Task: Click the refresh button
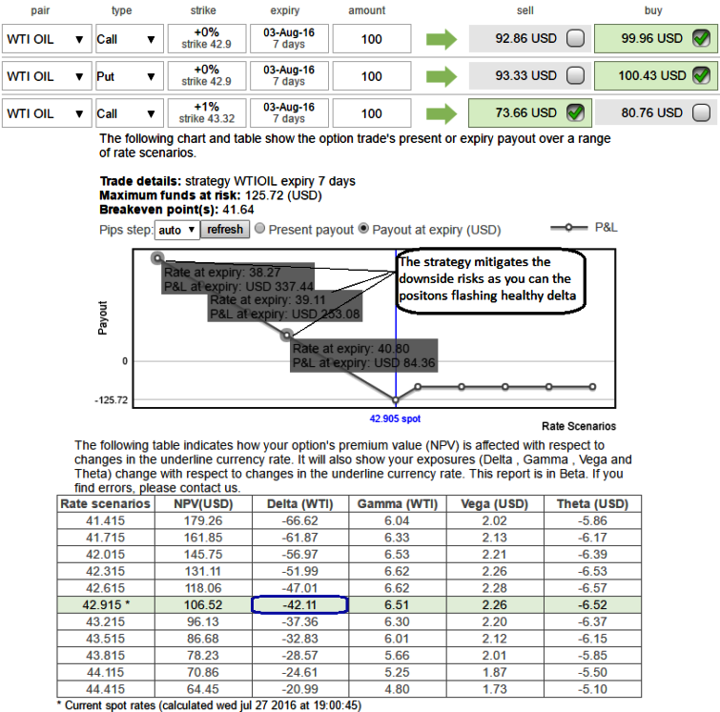coord(224,230)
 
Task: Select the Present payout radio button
coord(260,228)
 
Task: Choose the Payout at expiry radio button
coord(363,228)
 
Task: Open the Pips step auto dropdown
coord(177,230)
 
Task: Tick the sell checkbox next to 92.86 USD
coord(575,38)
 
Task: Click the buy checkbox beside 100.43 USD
coord(701,75)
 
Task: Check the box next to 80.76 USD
coord(701,112)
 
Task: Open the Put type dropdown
coord(129,76)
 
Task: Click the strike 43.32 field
coord(207,112)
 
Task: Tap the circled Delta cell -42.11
coord(299,604)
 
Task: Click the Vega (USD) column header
coord(495,503)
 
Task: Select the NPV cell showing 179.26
coord(203,520)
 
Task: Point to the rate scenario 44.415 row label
coord(105,689)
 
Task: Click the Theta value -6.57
coord(592,588)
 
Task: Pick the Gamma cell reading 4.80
coord(397,689)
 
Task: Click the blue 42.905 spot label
coord(395,418)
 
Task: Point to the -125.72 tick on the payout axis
coord(112,400)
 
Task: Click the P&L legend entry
coord(584,227)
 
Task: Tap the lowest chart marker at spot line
coord(396,400)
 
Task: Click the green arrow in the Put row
coord(442,76)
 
